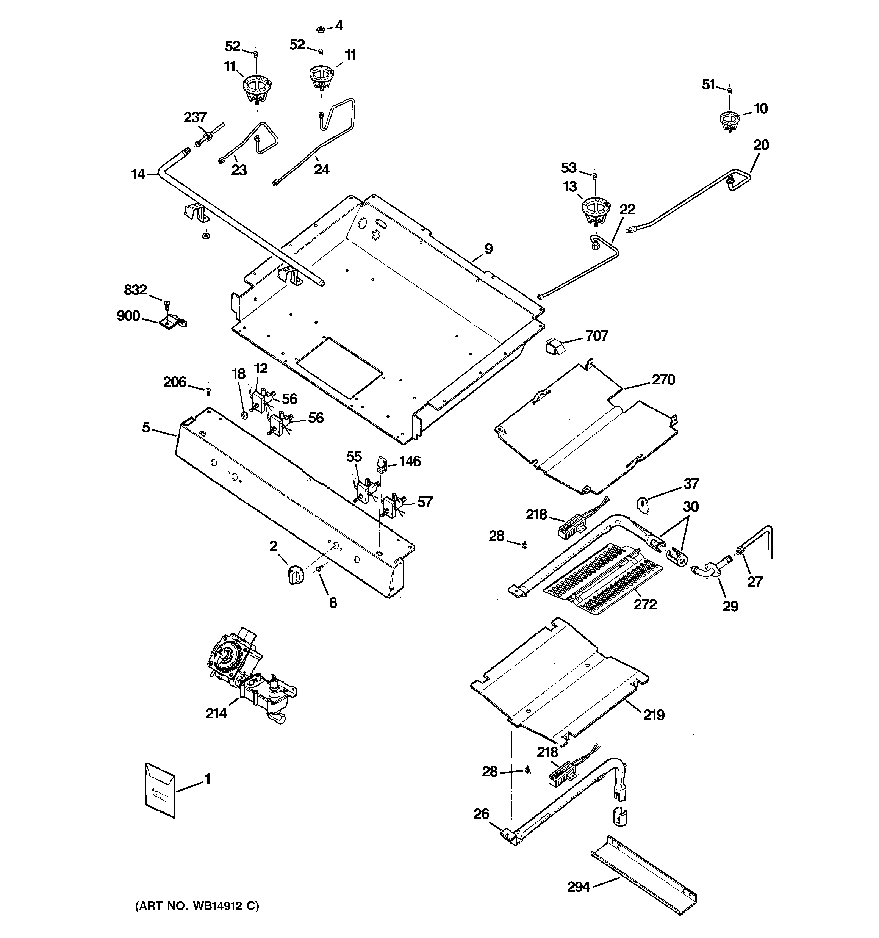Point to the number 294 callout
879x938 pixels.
(579, 888)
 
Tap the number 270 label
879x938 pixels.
(663, 379)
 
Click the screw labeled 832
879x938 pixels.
(166, 304)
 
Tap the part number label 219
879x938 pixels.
(654, 715)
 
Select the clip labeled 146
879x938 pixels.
(381, 464)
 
